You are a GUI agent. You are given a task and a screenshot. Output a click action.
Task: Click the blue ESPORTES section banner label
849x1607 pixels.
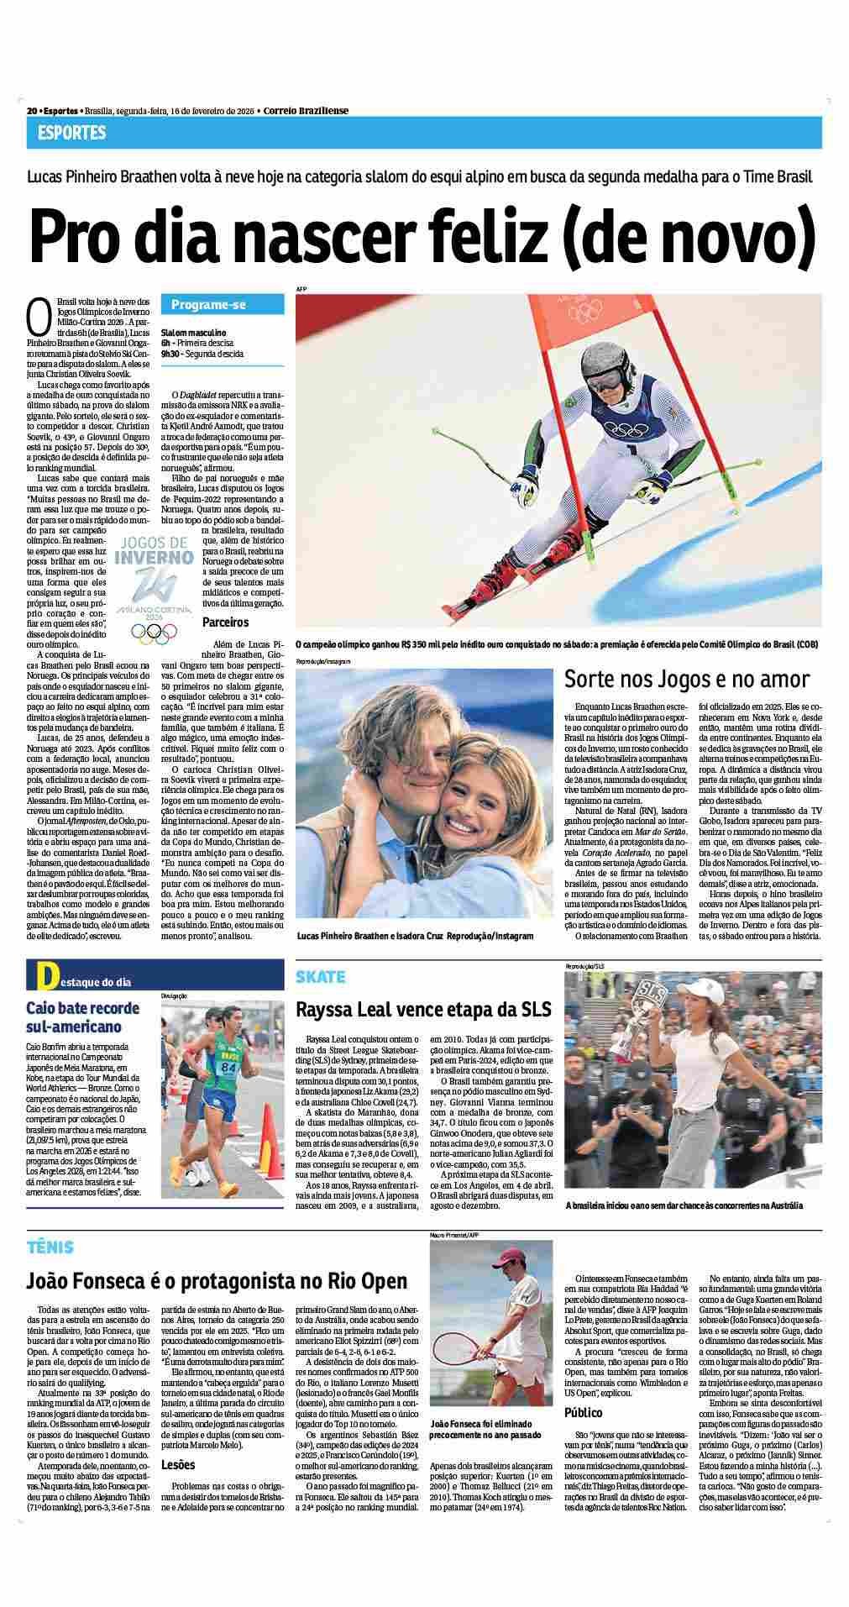point(71,133)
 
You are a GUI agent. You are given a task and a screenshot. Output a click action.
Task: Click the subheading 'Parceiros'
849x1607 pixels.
point(226,622)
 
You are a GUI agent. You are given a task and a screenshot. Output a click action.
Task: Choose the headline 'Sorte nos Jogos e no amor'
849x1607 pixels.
point(686,678)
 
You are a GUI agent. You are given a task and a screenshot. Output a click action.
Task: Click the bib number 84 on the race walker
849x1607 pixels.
point(228,1068)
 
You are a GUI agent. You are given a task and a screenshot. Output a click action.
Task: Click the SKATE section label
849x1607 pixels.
point(321,977)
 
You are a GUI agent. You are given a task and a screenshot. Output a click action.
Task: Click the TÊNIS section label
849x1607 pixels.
point(50,1247)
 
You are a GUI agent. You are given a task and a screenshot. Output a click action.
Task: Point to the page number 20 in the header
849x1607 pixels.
point(31,110)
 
